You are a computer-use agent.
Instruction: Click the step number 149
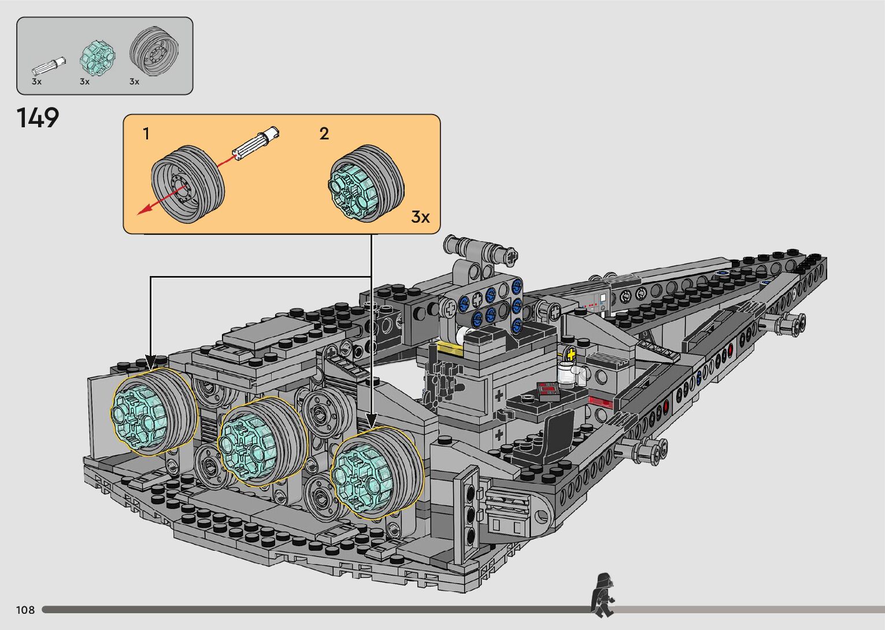coord(38,118)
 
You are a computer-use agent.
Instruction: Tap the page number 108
coord(25,610)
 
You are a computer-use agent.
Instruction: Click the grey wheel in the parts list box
coord(154,51)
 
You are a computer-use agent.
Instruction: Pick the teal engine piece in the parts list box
coord(97,59)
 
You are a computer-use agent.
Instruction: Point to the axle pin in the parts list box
coord(49,66)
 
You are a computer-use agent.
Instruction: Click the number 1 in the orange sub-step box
coord(146,134)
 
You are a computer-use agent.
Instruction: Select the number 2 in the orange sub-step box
coord(324,134)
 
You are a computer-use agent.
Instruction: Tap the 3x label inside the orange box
coord(420,217)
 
